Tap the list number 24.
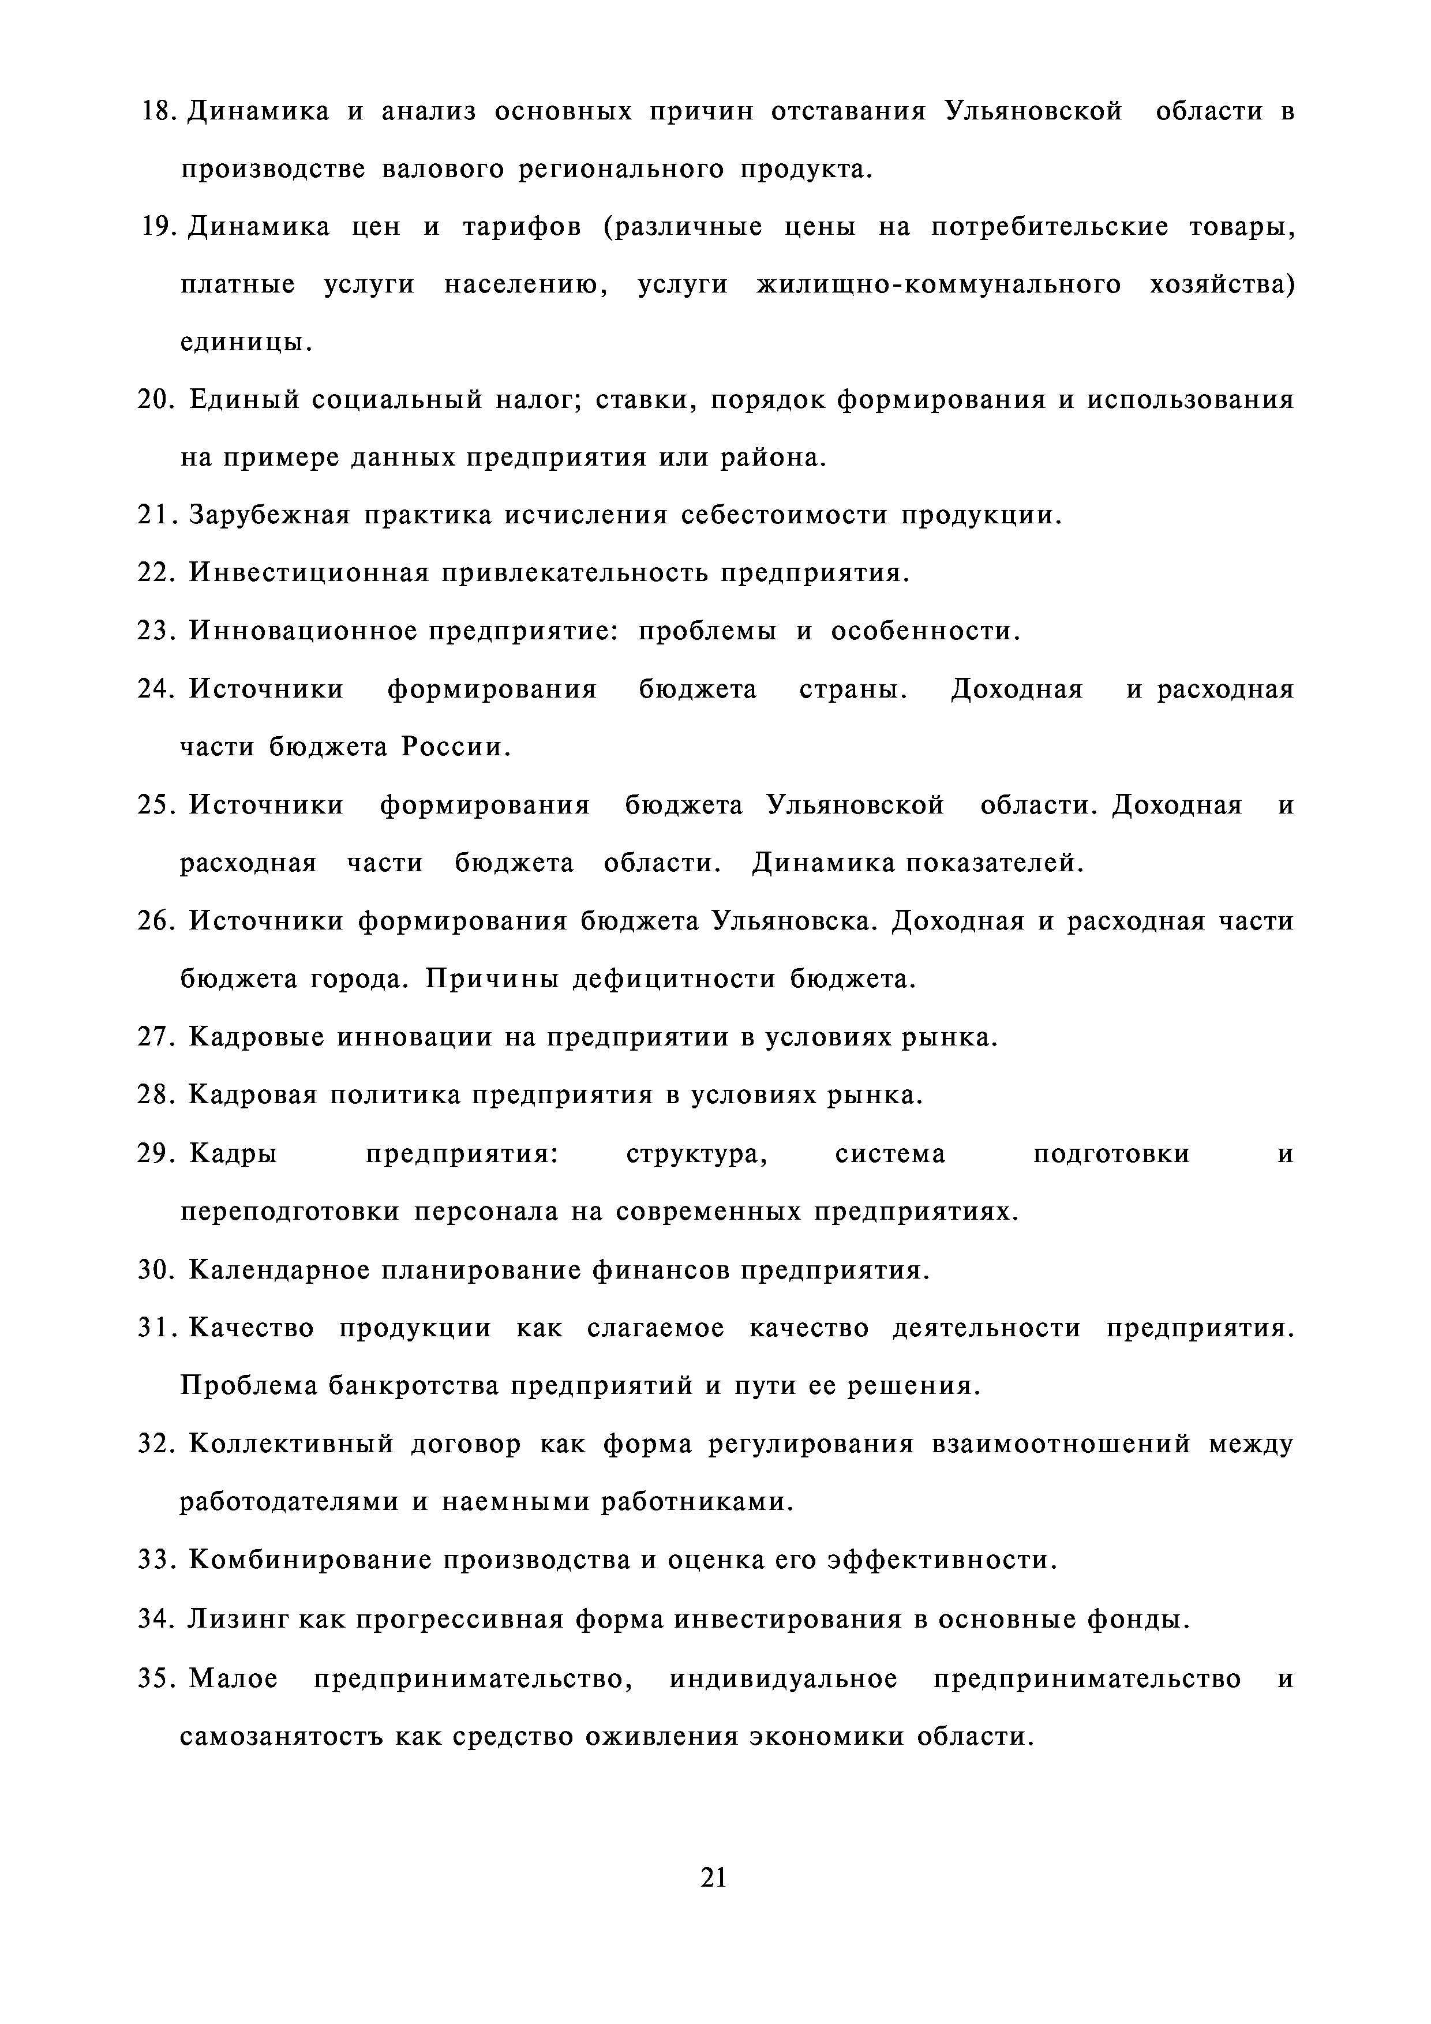(159, 689)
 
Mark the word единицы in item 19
(245, 342)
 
